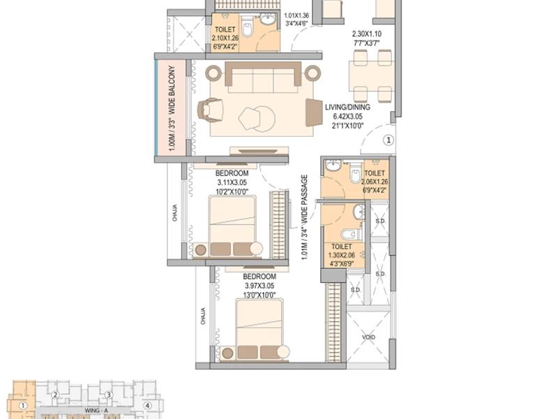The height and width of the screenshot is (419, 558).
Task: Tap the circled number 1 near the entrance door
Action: tap(389, 140)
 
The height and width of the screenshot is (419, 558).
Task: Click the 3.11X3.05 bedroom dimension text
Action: tap(232, 182)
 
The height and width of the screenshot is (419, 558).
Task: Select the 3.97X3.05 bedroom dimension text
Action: tap(259, 286)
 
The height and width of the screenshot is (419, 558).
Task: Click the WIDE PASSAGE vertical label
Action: tap(304, 217)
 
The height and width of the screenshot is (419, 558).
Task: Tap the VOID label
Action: tap(369, 337)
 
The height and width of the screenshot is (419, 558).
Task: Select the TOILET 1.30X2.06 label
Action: tap(342, 256)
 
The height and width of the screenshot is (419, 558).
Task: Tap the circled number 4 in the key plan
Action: tap(147, 405)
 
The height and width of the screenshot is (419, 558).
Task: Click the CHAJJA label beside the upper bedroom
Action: tap(175, 212)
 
